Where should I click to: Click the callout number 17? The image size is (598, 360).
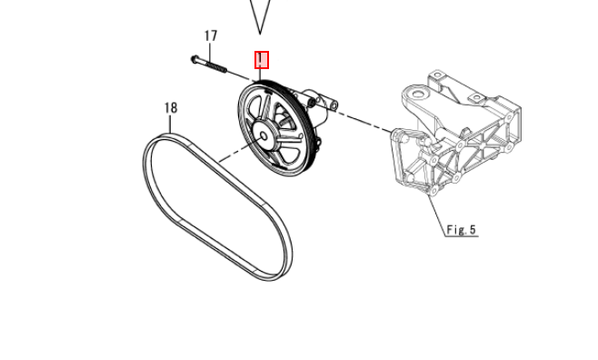[211, 35]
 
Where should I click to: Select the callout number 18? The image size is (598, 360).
[171, 108]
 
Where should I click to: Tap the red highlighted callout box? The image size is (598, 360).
[262, 60]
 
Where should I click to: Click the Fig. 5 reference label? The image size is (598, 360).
[461, 230]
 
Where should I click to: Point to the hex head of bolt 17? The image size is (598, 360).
[194, 59]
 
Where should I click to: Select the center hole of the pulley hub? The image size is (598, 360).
[264, 136]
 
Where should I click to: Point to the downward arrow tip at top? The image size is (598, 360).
[260, 34]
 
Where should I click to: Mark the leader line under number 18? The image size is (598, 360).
[171, 125]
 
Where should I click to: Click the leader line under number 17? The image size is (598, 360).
[210, 53]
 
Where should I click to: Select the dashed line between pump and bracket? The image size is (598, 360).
[364, 122]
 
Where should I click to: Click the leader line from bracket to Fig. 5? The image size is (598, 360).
[438, 215]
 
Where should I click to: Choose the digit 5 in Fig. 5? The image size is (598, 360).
[473, 230]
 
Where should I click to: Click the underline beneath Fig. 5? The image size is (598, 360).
[462, 236]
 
